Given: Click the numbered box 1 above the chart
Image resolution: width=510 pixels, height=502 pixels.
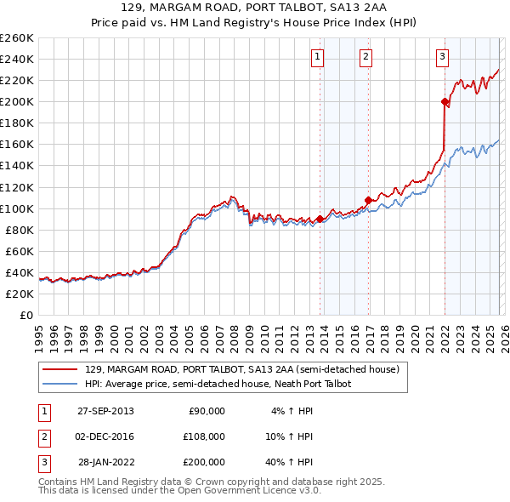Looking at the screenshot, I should click(317, 57).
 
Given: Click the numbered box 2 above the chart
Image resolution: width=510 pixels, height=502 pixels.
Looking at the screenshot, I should click(365, 57).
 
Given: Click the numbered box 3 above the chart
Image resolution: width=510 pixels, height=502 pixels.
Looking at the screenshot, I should click(442, 57).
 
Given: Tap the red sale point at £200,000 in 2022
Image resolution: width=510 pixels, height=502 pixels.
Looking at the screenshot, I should click(445, 101).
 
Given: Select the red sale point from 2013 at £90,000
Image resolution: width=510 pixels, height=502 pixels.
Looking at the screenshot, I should click(320, 219).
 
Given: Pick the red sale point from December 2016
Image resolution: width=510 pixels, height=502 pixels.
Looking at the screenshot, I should click(368, 200).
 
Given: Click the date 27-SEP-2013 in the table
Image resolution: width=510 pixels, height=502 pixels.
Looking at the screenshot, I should click(105, 411).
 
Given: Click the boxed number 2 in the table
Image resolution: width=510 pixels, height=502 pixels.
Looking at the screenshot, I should click(42, 436).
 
